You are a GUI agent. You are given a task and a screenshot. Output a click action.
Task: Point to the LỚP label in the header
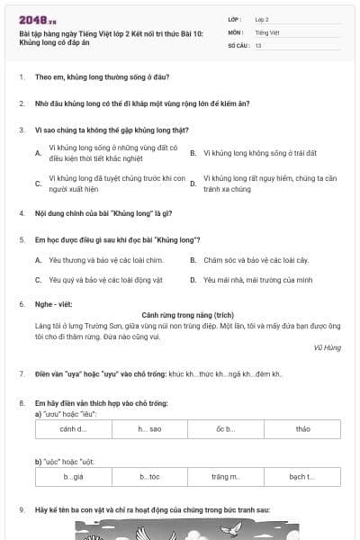235,19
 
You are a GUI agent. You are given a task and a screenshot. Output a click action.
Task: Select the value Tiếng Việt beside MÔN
265,31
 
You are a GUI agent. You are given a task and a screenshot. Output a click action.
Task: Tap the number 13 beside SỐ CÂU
258,45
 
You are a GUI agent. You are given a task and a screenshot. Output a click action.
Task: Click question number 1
21,78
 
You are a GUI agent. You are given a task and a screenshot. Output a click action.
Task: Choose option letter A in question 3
38,153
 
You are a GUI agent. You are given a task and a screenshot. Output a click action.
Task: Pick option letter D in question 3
193,183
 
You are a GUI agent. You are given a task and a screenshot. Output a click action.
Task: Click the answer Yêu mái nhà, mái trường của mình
257,280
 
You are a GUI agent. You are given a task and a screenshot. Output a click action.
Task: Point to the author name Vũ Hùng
325,346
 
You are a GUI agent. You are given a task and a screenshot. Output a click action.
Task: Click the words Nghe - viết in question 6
50,304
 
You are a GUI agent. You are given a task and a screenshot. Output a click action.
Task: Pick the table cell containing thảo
302,429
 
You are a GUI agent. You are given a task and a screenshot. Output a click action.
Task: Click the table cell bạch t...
302,477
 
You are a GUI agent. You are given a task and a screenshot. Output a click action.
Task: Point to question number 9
21,509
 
